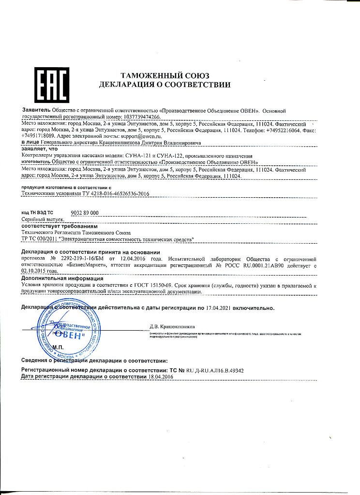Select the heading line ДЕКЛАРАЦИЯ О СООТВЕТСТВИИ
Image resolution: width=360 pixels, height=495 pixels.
pyautogui.click(x=165, y=85)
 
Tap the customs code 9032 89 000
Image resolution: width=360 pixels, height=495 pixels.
pyautogui.click(x=85, y=213)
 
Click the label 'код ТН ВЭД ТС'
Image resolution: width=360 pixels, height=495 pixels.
pyautogui.click(x=38, y=213)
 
